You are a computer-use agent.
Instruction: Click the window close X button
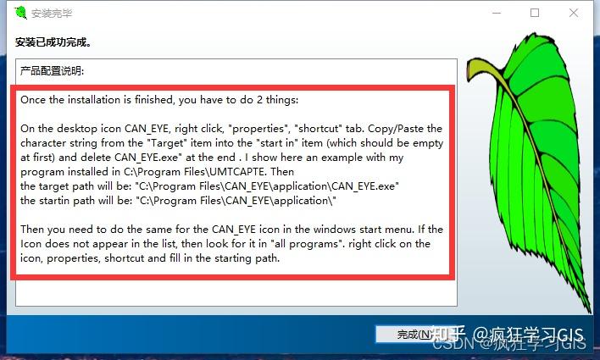pyautogui.click(x=575, y=13)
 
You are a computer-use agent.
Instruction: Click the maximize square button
pyautogui.click(x=535, y=13)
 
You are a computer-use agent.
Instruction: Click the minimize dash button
pyautogui.click(x=495, y=13)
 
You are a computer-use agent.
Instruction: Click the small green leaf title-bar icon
pyautogui.click(x=19, y=13)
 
